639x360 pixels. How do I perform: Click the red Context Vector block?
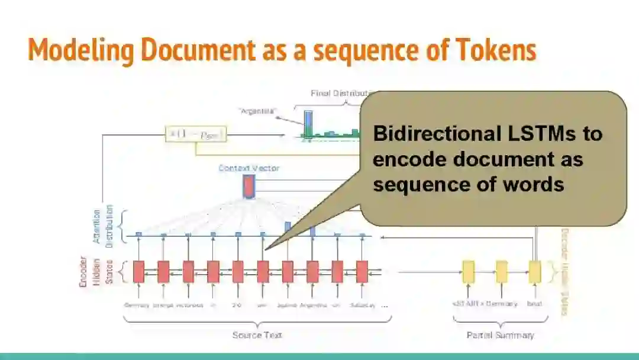248,187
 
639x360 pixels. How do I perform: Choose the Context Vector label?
248,168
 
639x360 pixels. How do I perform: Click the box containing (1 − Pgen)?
196,136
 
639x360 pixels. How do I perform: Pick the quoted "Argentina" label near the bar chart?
257,111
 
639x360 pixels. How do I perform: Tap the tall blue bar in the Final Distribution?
308,124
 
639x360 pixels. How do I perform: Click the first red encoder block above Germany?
138,271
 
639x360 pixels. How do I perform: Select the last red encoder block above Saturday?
362,271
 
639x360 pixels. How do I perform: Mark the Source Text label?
257,335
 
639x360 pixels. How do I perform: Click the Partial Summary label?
500,335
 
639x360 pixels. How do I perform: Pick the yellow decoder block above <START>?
468,271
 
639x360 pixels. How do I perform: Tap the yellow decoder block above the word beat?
535,271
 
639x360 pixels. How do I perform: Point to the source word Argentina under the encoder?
313,306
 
